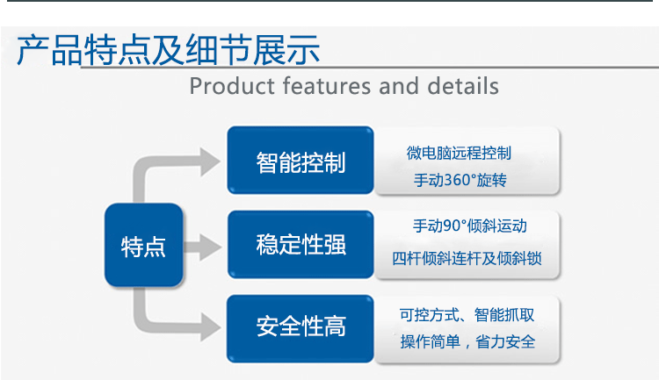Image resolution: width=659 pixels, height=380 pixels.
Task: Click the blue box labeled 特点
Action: [x=143, y=245]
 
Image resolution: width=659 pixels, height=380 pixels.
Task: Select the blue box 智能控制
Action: [x=301, y=161]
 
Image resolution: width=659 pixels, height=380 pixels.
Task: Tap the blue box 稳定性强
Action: [x=301, y=245]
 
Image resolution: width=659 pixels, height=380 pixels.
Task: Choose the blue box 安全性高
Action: [x=301, y=328]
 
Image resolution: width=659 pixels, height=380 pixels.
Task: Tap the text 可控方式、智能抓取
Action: [x=467, y=313]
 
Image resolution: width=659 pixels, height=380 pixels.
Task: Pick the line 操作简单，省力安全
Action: [x=467, y=341]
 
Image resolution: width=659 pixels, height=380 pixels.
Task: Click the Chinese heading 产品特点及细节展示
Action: [x=168, y=50]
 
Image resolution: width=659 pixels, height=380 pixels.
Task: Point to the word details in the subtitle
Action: [x=461, y=86]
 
